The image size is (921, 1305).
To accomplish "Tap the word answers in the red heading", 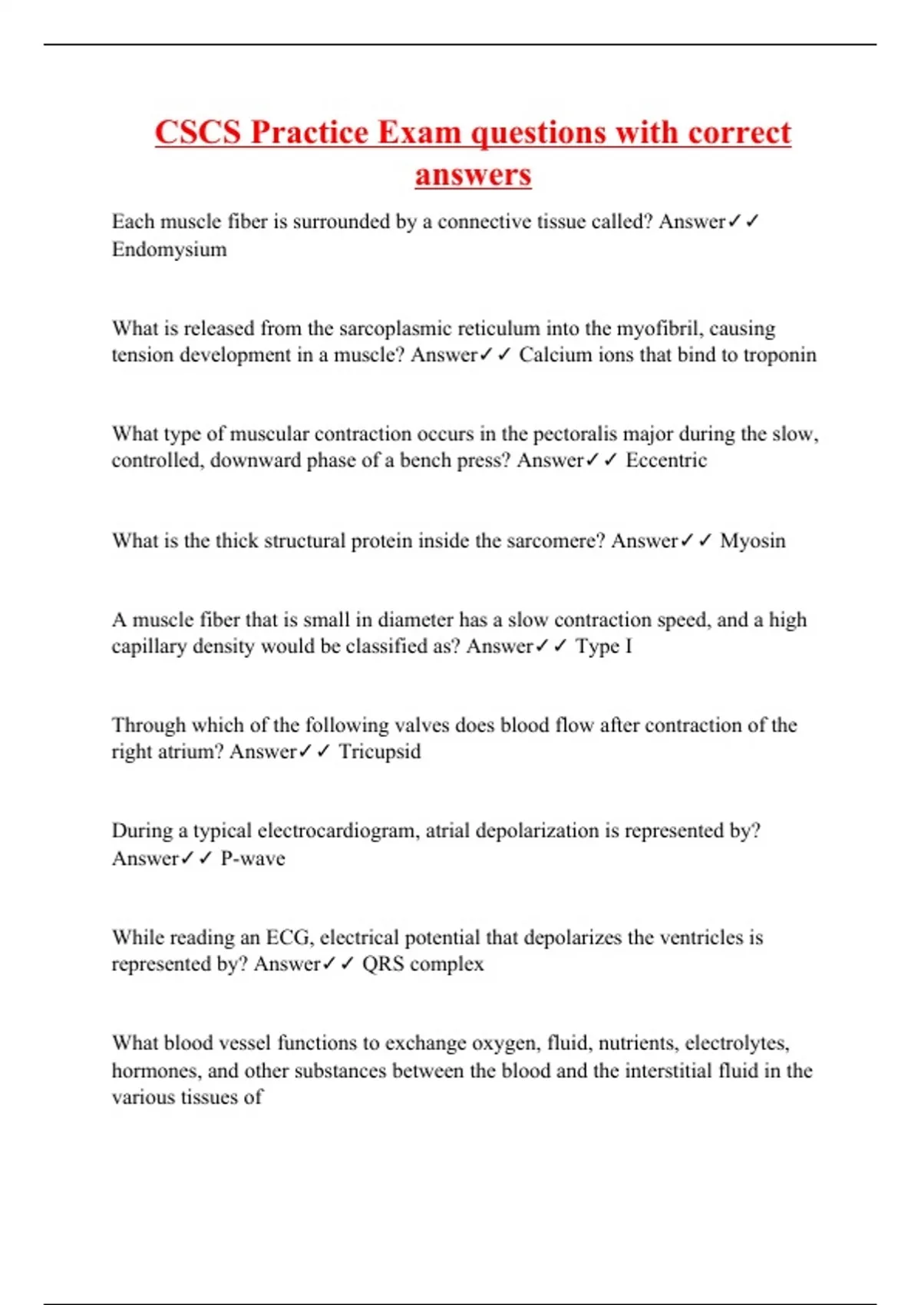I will click(473, 175).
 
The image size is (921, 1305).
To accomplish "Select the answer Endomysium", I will click(169, 249).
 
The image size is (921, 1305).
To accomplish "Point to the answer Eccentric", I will click(666, 461).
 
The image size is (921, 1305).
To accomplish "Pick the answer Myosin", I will click(752, 541).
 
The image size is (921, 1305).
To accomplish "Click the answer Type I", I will click(604, 646).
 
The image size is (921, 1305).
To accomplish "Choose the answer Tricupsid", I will click(380, 752).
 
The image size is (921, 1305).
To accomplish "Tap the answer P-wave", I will click(253, 858).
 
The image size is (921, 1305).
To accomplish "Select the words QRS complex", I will click(423, 964).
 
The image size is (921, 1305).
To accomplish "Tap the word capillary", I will click(148, 646).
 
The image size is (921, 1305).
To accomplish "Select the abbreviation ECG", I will click(288, 937).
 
